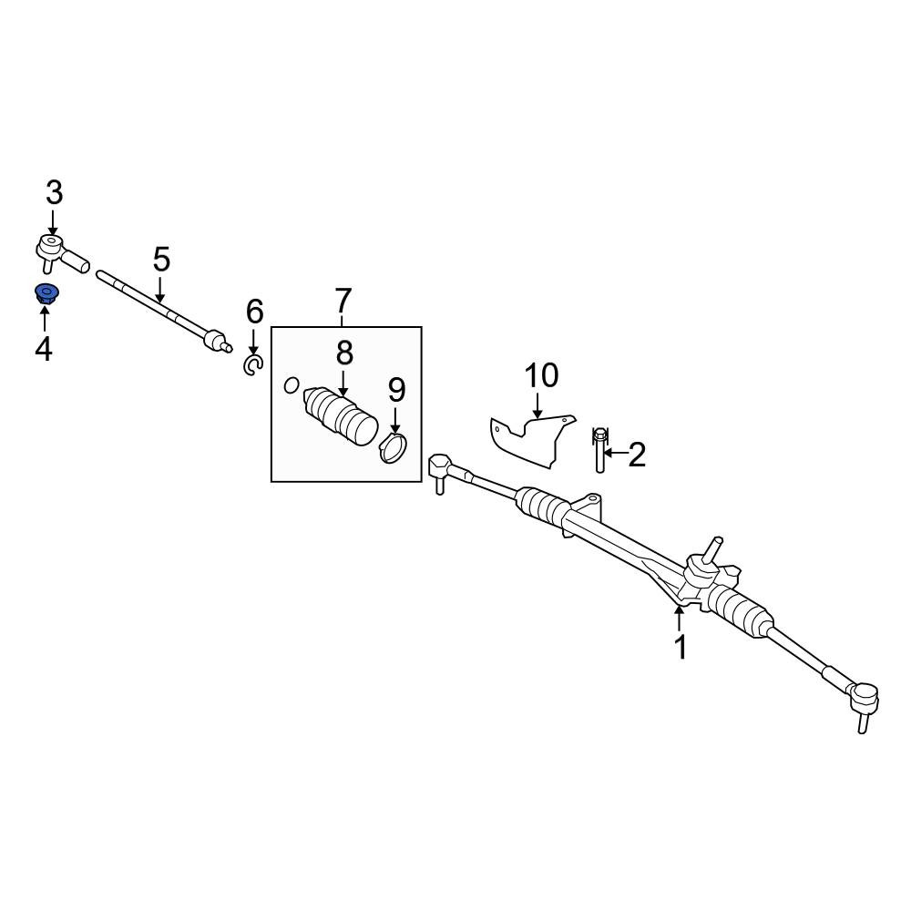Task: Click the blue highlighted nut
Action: [x=46, y=294]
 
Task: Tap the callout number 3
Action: [x=54, y=193]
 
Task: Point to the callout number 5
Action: [x=161, y=259]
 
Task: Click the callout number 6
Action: [x=254, y=312]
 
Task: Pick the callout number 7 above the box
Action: [x=343, y=301]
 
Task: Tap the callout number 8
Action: [x=344, y=353]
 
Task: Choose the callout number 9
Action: [x=396, y=390]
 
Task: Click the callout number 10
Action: [x=541, y=375]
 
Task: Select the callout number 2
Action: [x=637, y=455]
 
